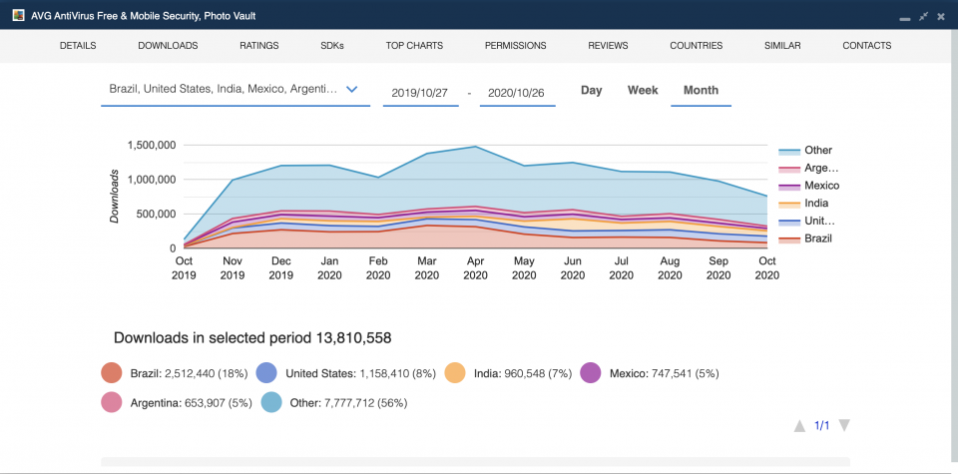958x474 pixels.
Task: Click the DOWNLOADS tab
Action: tap(168, 46)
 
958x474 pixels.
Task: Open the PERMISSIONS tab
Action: tap(515, 46)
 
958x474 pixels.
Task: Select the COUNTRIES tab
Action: tap(696, 46)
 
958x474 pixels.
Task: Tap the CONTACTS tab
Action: tap(866, 46)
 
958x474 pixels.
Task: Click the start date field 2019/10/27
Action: tap(419, 92)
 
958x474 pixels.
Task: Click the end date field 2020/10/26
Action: tap(516, 92)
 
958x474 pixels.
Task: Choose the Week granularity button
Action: tap(643, 91)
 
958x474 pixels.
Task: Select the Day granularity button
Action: tap(592, 91)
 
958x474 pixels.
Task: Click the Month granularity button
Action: tap(701, 91)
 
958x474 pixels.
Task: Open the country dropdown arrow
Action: tap(351, 89)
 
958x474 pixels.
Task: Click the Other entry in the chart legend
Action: tap(817, 151)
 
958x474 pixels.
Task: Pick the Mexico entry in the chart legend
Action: tap(821, 186)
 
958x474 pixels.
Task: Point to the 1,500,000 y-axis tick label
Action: tap(152, 146)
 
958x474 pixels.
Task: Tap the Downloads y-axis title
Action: tap(115, 196)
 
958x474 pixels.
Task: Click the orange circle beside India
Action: tap(455, 373)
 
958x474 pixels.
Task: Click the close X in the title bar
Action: tap(940, 17)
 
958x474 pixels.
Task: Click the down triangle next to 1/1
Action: tap(844, 426)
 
